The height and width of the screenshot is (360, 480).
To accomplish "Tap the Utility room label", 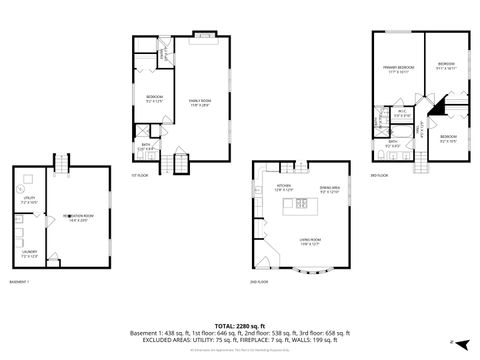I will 28,200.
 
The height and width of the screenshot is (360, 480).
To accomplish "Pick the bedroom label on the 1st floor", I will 154,98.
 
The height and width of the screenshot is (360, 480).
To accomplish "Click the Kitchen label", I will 284,187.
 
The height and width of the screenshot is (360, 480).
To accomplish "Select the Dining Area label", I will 330,187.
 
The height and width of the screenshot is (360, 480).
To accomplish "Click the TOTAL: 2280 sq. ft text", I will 239,325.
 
